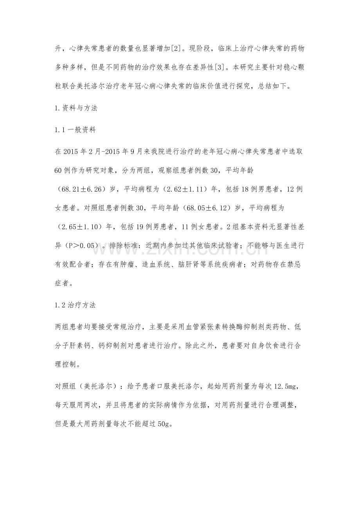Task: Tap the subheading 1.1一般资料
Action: tap(76, 130)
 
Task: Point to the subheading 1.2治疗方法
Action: tap(76, 306)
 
